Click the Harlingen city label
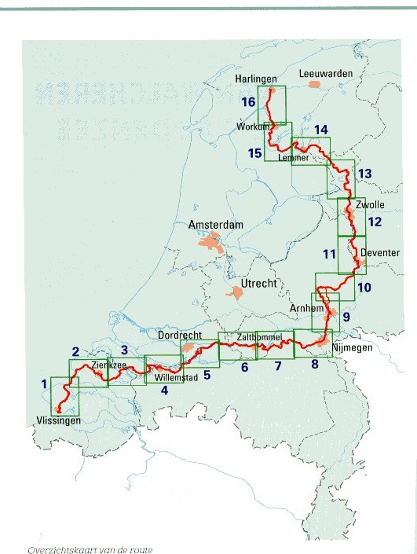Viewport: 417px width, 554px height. tap(258, 79)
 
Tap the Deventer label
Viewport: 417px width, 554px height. tap(380, 253)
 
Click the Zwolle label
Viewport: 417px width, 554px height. tap(369, 204)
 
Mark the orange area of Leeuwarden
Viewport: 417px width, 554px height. tap(315, 83)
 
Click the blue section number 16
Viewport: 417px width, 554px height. tap(248, 103)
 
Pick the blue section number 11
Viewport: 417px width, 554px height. tap(328, 254)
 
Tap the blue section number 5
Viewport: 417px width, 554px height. tap(207, 375)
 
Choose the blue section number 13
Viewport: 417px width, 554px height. tap(363, 173)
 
